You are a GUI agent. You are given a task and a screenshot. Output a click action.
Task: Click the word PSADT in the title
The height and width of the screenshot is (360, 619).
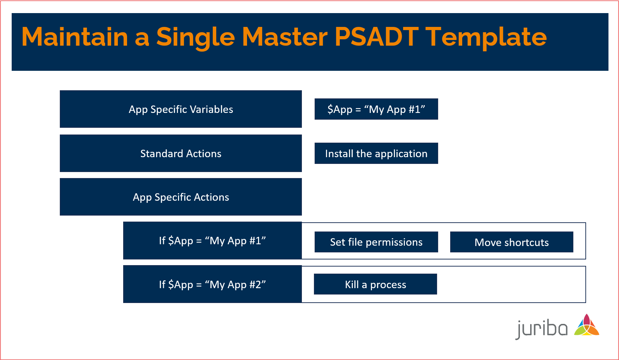pyautogui.click(x=376, y=37)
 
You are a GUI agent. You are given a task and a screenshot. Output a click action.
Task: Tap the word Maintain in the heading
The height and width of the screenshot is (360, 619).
pyautogui.click(x=75, y=37)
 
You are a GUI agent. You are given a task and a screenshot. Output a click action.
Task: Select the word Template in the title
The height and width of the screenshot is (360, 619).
pyautogui.click(x=486, y=37)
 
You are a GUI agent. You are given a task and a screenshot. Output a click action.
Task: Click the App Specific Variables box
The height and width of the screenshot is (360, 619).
pyautogui.click(x=180, y=109)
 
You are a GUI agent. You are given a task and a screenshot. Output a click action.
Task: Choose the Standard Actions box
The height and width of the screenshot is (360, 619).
pyautogui.click(x=180, y=153)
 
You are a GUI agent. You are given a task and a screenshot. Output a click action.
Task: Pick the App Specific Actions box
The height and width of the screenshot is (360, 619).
pyautogui.click(x=180, y=197)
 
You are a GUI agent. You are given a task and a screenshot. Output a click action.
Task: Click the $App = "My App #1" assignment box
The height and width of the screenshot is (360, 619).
pyautogui.click(x=376, y=109)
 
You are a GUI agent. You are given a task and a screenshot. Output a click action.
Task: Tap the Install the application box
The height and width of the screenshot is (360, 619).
pyautogui.click(x=376, y=153)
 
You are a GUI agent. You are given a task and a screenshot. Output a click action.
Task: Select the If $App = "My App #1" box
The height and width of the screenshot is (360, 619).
pyautogui.click(x=212, y=241)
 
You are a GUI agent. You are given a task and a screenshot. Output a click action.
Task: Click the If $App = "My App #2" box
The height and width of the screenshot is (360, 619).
pyautogui.click(x=212, y=284)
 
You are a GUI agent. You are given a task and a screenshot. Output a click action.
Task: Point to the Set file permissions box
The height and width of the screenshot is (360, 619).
pyautogui.click(x=376, y=242)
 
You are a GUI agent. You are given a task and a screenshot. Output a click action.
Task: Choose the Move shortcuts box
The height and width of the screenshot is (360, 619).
pyautogui.click(x=511, y=242)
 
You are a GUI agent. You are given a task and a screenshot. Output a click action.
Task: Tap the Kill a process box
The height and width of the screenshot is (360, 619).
pyautogui.click(x=375, y=284)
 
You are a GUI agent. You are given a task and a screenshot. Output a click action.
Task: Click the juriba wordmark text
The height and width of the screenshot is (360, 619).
pyautogui.click(x=541, y=328)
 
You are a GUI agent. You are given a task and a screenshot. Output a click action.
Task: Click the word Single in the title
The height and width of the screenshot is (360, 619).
pyautogui.click(x=195, y=37)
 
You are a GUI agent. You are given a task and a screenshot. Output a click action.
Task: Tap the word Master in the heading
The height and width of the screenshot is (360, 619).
pyautogui.click(x=285, y=37)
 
